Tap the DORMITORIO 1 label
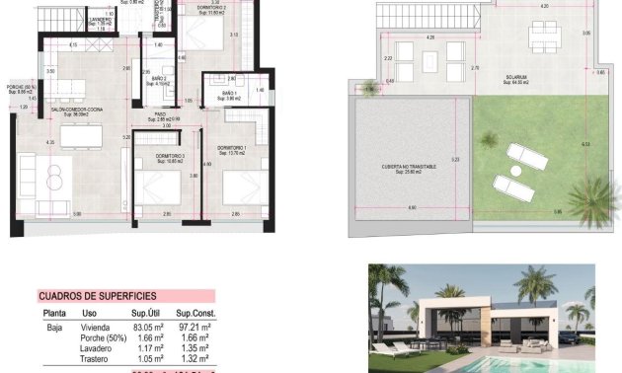tap(231, 149)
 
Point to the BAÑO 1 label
tap(230, 94)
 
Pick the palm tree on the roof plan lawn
tap(589, 197)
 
